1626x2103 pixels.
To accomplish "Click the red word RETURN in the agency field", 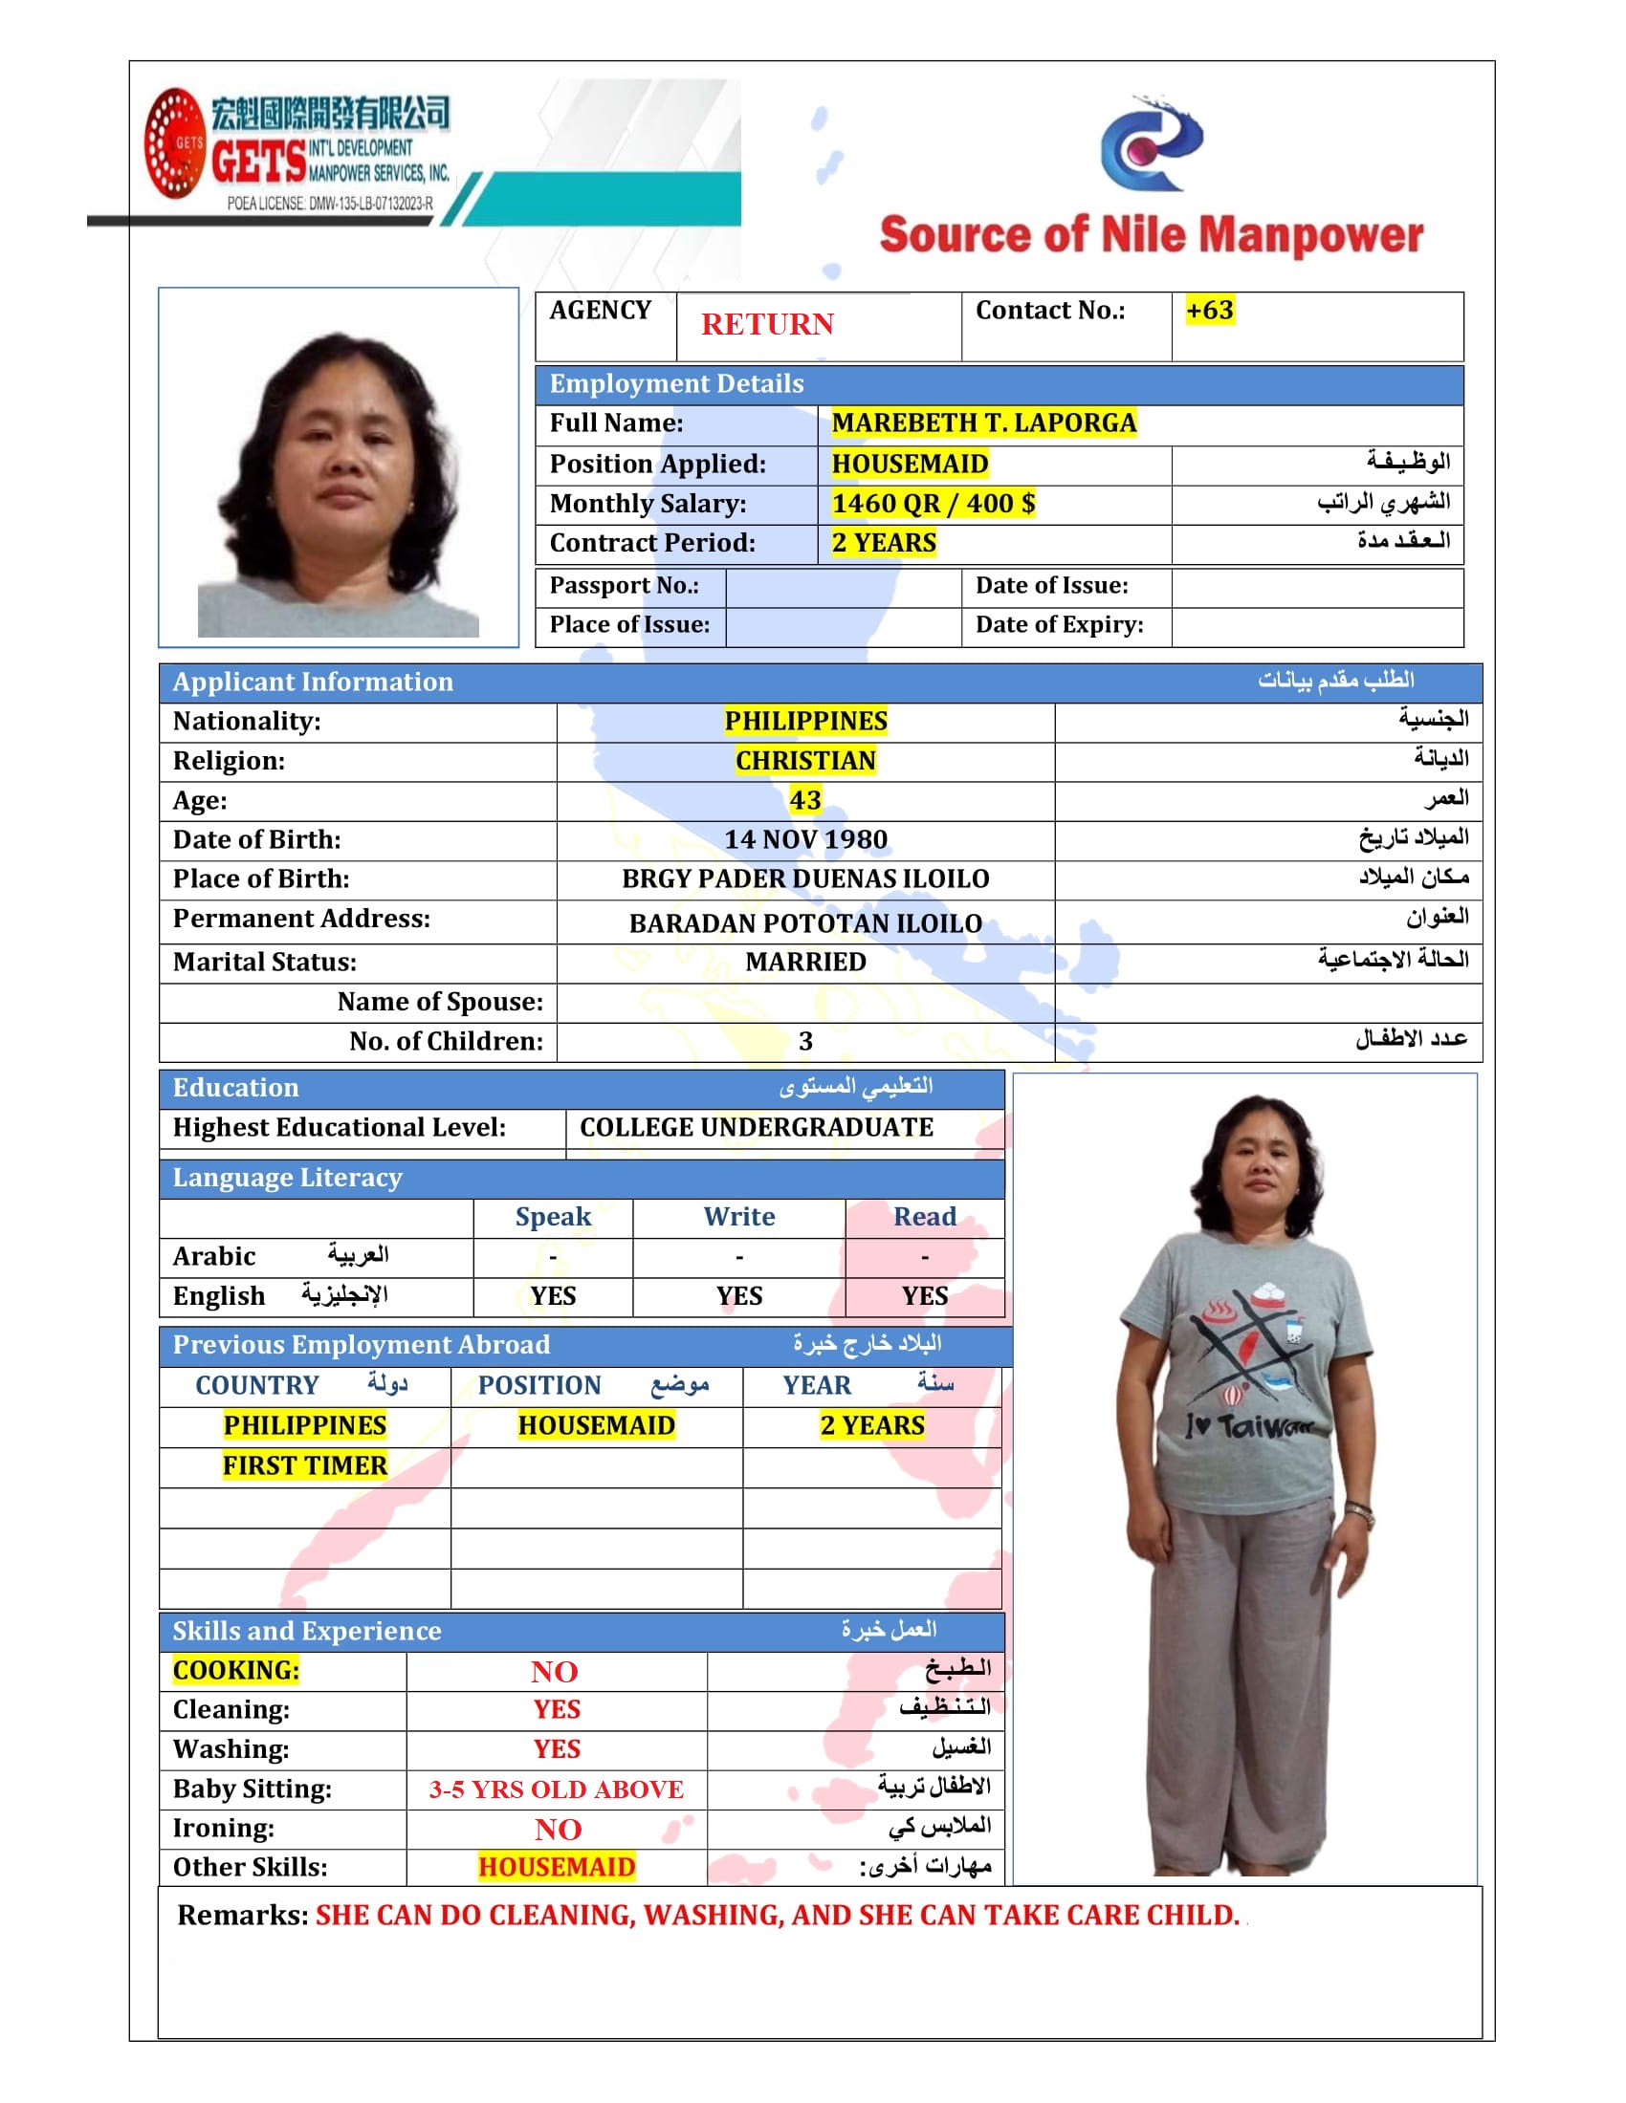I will [767, 324].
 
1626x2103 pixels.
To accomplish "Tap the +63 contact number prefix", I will [1209, 310].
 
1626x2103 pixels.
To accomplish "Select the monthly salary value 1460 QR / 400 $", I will [933, 504].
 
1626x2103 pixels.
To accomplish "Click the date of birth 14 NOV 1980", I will [805, 839].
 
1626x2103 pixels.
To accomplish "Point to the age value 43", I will [805, 800].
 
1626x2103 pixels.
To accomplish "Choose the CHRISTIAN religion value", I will [805, 761].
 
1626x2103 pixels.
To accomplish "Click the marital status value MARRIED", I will [805, 962].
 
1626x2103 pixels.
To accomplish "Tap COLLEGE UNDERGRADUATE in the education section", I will [757, 1128].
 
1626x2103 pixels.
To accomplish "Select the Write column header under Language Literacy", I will [738, 1217].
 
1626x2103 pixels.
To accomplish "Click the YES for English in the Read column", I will [925, 1296].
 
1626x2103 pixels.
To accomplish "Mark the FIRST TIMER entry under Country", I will [304, 1465].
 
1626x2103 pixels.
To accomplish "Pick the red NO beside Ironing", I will [558, 1830].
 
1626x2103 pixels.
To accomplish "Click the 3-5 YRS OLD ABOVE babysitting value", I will [556, 1789].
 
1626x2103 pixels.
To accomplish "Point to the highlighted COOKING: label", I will [236, 1671].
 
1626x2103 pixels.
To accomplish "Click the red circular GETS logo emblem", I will [174, 143].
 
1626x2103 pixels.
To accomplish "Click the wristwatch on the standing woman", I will [1359, 1515].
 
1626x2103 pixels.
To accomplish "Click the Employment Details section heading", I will [676, 384].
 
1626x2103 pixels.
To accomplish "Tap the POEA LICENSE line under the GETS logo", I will [329, 204].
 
